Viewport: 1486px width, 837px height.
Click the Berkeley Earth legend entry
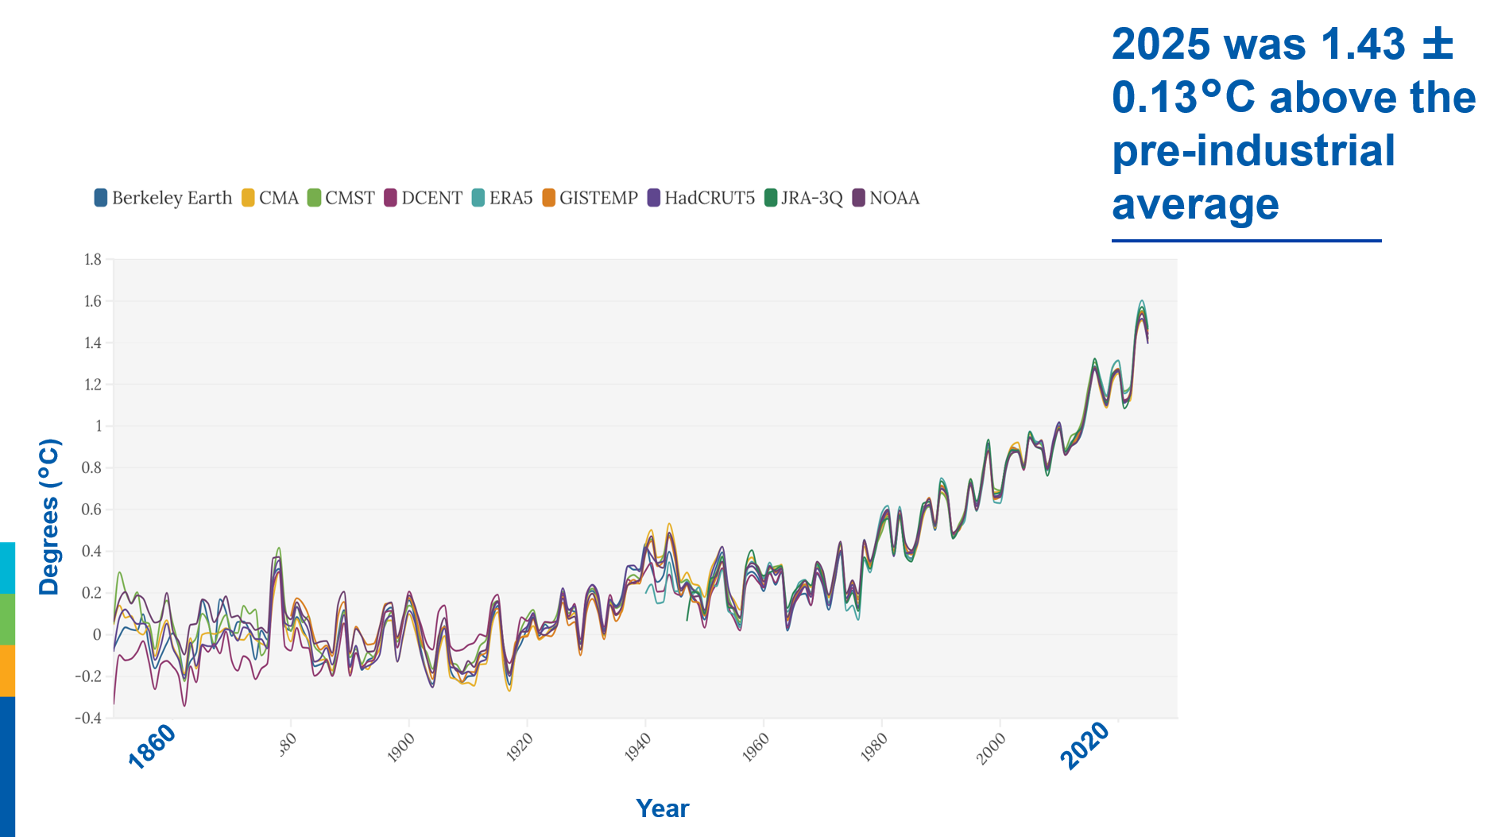[163, 198]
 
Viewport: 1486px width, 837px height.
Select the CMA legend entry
[270, 198]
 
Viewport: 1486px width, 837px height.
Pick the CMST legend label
[341, 198]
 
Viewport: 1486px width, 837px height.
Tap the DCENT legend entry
[423, 198]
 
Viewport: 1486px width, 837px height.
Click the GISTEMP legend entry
[590, 198]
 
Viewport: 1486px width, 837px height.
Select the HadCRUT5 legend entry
[701, 198]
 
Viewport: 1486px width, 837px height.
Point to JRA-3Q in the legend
[803, 198]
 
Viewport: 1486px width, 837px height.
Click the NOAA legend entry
[886, 198]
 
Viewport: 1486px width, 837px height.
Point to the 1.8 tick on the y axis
[93, 259]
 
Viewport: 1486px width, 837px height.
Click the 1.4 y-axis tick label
[93, 343]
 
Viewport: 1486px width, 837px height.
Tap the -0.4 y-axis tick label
[89, 718]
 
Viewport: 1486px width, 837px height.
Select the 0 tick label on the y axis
[98, 634]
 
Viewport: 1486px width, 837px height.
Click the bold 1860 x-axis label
[152, 747]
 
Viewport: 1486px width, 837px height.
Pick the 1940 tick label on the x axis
[637, 748]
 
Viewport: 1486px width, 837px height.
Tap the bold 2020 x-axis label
[1085, 746]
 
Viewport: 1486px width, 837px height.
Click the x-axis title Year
[663, 808]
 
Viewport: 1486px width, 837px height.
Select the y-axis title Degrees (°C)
[49, 517]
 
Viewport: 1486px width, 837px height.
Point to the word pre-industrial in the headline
[1253, 151]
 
